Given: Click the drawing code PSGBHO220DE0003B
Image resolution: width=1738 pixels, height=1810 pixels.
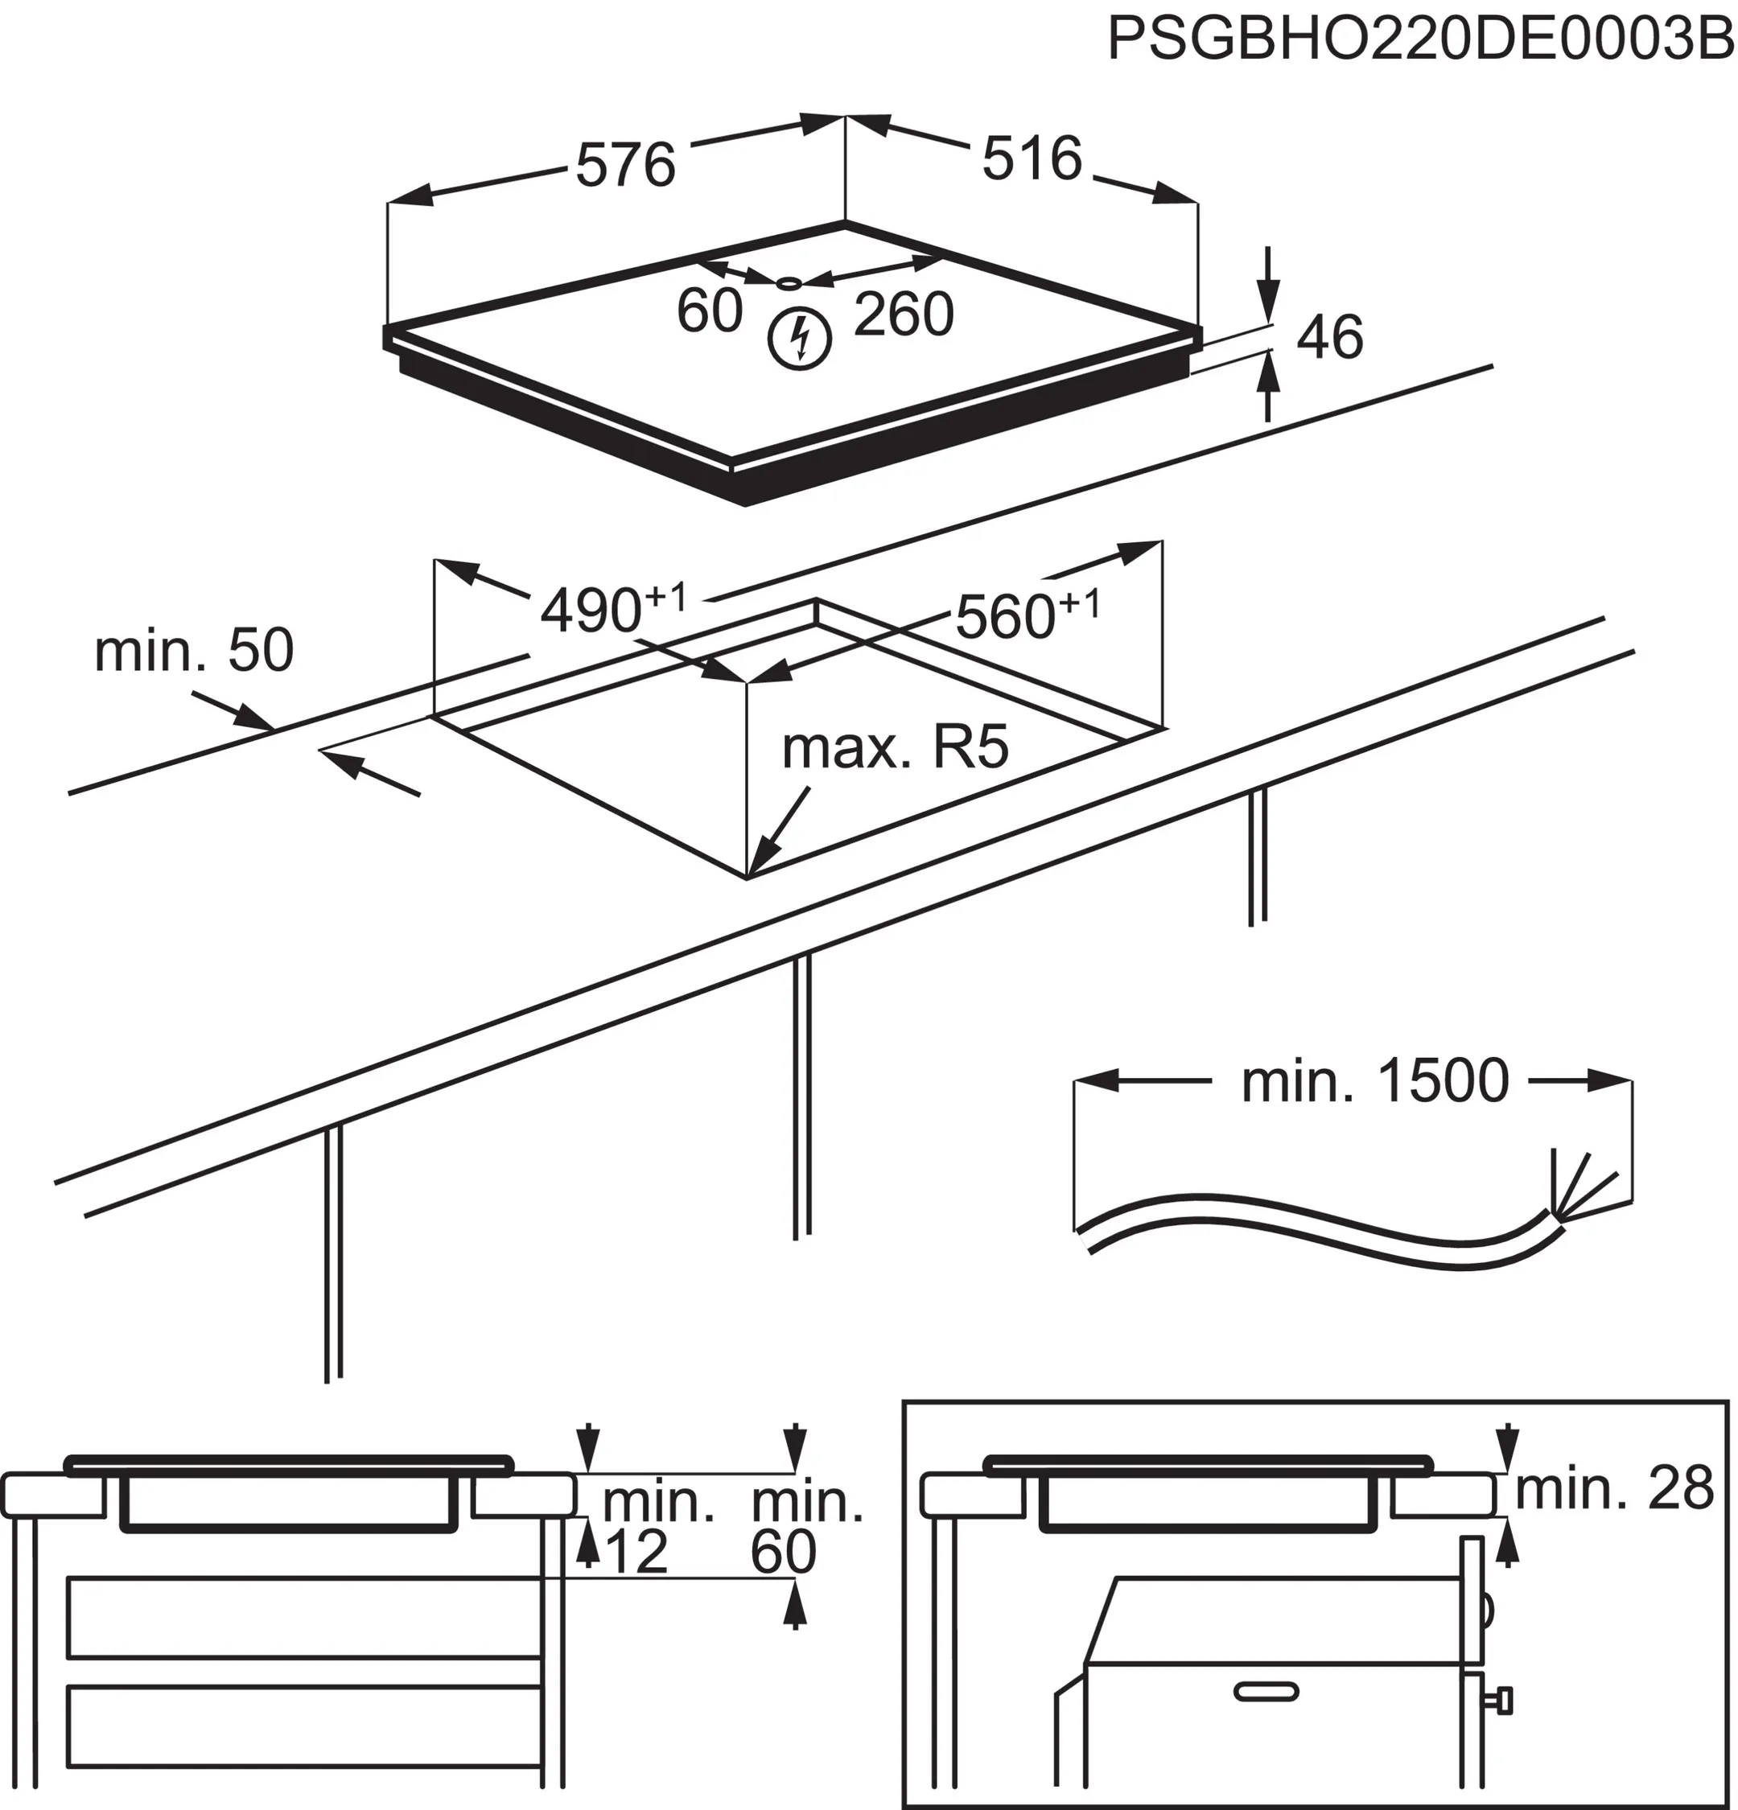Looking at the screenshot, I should pos(1420,39).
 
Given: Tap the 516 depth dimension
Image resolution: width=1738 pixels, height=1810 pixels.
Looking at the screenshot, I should pos(1032,158).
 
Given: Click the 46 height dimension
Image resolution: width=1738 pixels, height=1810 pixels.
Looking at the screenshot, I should pos(1330,337).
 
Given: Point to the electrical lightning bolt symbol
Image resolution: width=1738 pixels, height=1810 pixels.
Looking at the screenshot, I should pos(800,339).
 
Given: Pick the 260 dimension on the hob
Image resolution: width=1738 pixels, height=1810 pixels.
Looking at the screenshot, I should pos(903,315).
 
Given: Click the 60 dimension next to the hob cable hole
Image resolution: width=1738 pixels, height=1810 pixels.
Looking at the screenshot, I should pos(709,311).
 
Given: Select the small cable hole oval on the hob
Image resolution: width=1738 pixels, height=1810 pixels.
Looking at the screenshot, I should pos(788,282).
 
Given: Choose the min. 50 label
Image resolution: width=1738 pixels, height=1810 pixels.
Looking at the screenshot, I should pos(194,650).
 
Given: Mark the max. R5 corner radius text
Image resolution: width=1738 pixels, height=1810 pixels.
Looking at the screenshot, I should pos(895,747).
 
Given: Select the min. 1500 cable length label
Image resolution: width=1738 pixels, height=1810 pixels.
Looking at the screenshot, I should pos(1374,1081).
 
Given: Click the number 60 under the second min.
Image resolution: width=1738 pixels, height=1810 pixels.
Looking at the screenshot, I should pos(783,1553).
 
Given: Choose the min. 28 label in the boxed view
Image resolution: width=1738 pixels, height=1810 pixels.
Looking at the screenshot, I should pos(1614,1489).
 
